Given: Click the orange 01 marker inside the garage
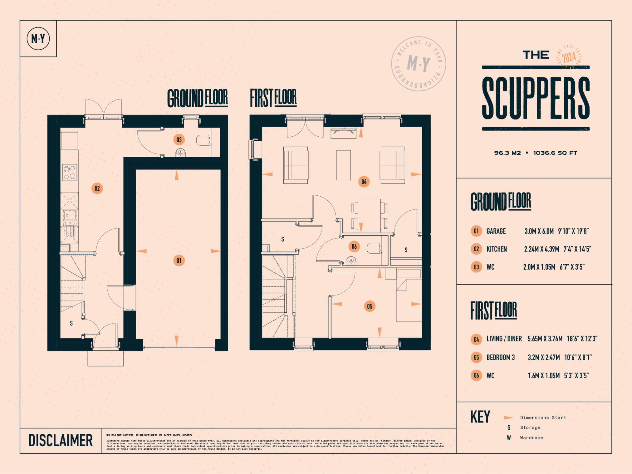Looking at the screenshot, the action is tap(179, 261).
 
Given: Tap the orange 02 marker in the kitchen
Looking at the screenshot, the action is tap(97, 188).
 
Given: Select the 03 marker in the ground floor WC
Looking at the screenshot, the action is tap(179, 139).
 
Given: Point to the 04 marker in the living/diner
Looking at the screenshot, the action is tap(364, 182).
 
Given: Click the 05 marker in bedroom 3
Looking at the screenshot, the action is tap(370, 306).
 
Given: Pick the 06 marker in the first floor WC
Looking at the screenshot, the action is tap(354, 247).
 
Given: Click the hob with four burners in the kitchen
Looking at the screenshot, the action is tap(70, 172).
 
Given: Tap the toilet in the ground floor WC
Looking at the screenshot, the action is tap(203, 140).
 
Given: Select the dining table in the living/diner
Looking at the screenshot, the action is tap(369, 215).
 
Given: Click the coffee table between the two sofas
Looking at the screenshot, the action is tap(343, 165).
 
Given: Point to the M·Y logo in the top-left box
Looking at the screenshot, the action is tap(38, 39).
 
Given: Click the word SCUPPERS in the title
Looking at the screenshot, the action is tap(536, 98).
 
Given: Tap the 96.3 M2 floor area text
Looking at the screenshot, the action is tap(507, 153).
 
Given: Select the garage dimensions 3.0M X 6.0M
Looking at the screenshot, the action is tap(539, 231).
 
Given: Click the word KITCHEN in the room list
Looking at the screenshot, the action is tap(497, 249).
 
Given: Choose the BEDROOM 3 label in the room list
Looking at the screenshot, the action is tap(500, 357).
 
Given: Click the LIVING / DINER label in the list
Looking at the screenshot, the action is tap(504, 339).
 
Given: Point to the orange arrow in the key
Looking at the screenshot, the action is tap(508, 418).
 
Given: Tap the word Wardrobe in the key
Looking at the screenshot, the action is tap(531, 438).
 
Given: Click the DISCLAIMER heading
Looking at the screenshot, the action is tap(61, 440).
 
